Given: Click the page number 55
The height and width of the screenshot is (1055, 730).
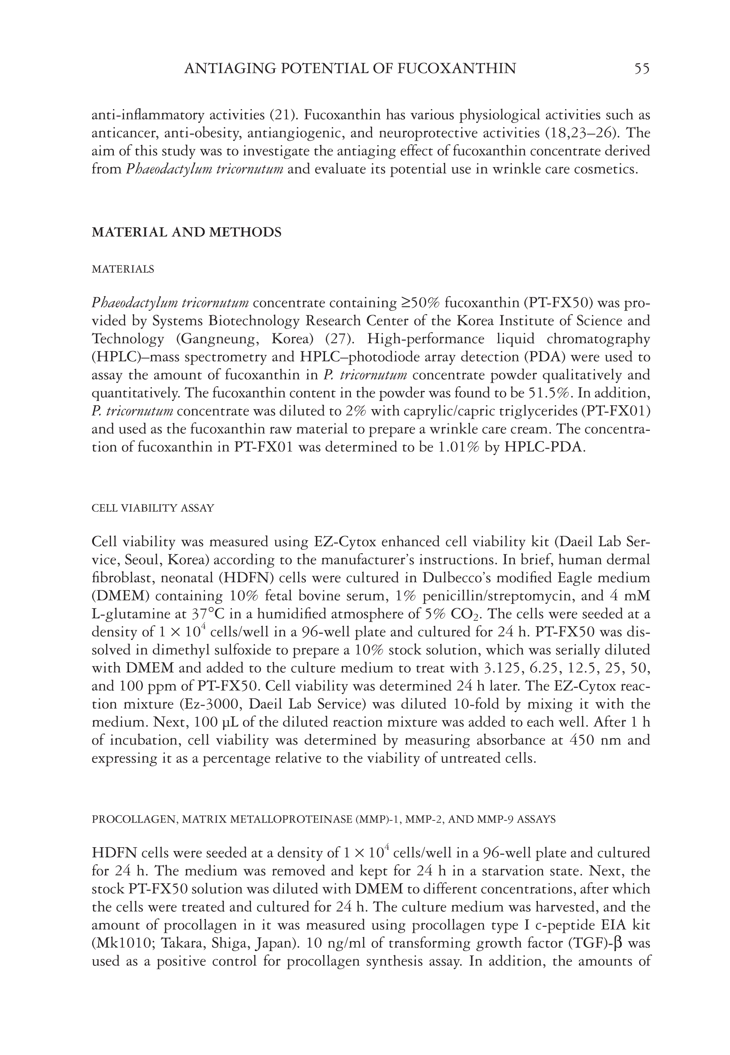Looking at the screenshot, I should click(642, 69).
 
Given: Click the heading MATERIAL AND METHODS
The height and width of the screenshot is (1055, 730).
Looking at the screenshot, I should click(187, 232).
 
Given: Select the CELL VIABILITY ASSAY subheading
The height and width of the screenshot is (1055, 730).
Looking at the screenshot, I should click(153, 508).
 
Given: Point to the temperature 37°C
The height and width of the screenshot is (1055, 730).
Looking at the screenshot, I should click(207, 614).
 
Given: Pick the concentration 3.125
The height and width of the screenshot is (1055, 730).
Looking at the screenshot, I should click(503, 668).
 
